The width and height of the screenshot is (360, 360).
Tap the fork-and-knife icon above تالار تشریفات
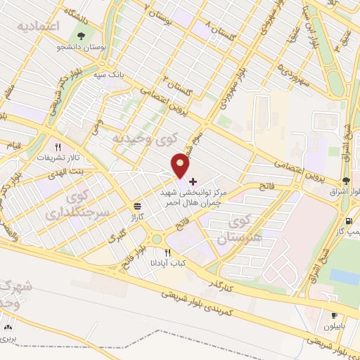point(58,148)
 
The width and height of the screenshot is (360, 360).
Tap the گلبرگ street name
point(114,238)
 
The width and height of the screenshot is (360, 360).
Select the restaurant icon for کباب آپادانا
point(167,252)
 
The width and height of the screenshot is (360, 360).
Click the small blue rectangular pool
point(345,276)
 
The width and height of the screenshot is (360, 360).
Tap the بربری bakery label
point(8,339)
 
